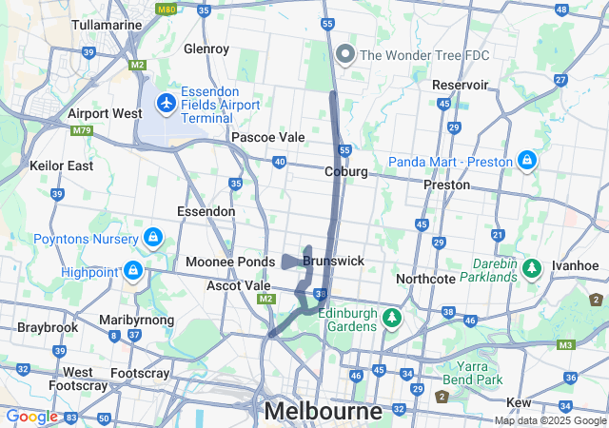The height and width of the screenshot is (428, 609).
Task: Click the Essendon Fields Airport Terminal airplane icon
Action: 166,103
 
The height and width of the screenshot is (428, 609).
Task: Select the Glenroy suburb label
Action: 206,49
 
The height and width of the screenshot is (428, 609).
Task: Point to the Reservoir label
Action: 460,85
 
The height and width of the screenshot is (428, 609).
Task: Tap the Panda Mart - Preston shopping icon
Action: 525,161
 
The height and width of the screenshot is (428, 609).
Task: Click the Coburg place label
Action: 345,172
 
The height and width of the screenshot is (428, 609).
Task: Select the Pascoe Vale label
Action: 268,137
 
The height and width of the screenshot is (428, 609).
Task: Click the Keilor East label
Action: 62,165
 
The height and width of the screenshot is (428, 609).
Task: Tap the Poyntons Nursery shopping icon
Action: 152,236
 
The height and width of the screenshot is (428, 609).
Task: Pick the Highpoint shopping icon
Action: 133,272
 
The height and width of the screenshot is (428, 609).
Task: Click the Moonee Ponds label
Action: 229,262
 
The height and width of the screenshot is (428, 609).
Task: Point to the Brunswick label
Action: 334,260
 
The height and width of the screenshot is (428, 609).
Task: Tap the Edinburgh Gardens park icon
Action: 390,318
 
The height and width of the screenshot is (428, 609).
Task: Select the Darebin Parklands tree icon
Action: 530,265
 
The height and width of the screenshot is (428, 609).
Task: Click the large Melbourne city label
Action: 324,412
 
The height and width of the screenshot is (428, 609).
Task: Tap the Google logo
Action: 31,417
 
